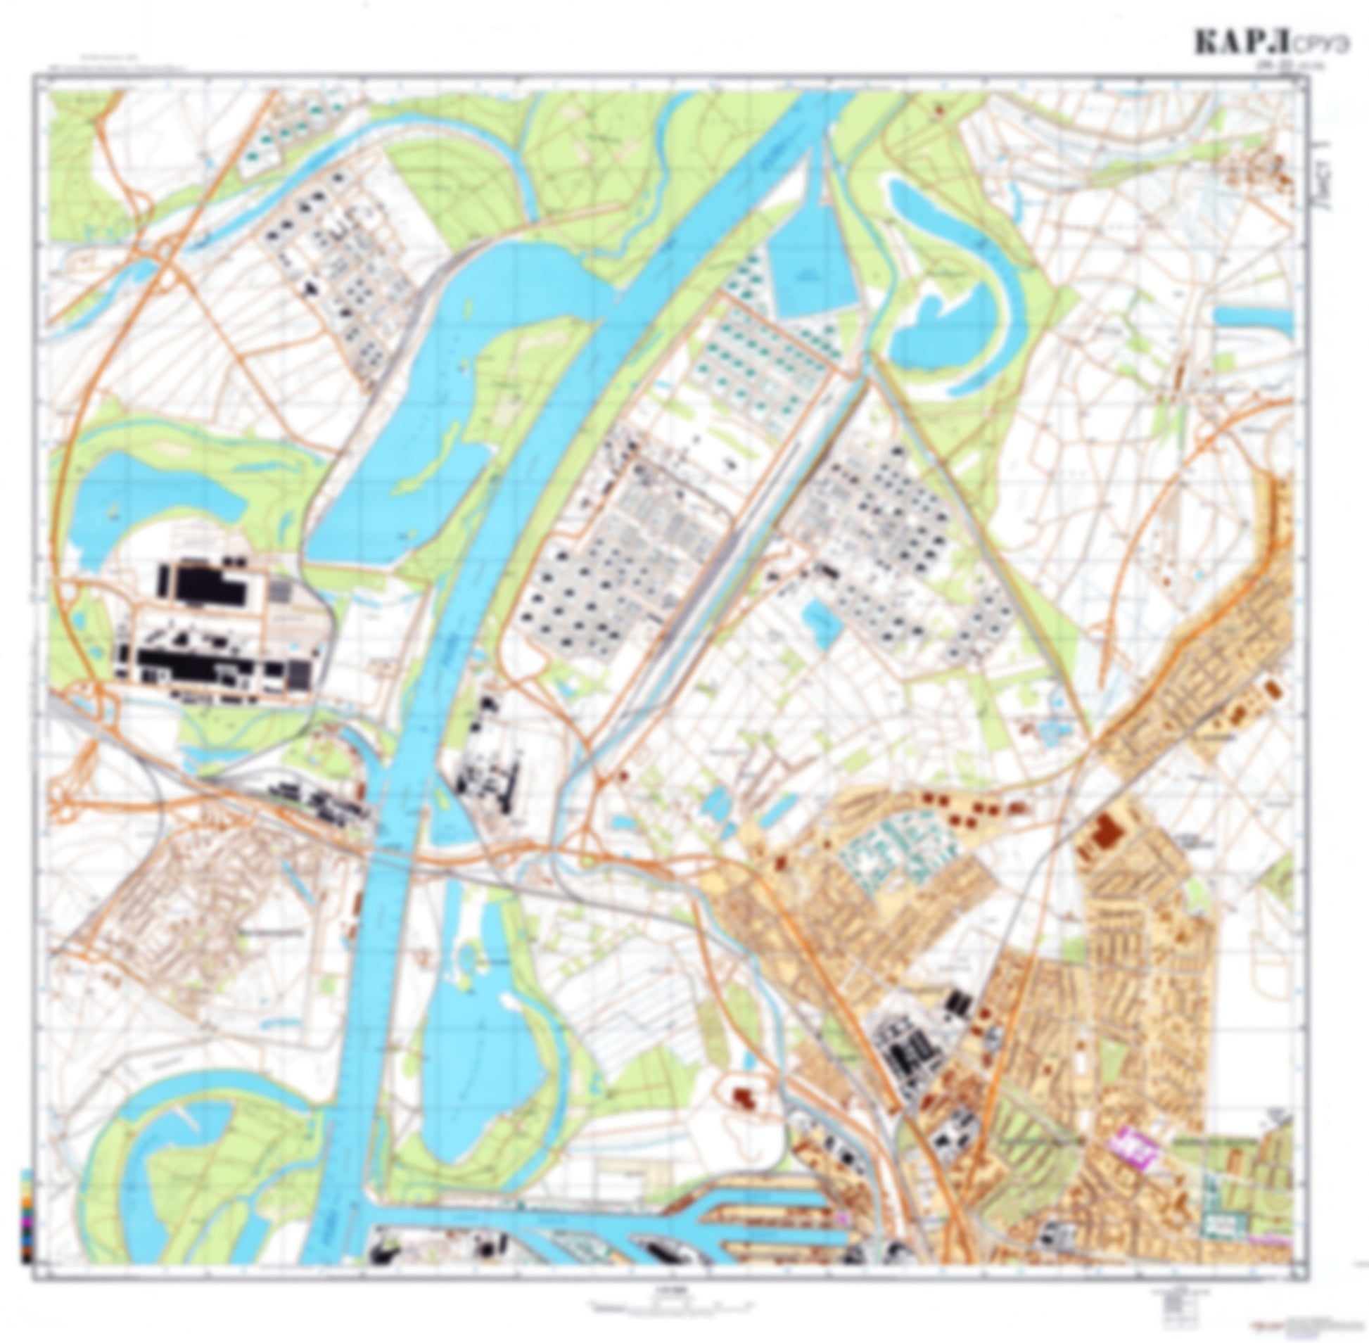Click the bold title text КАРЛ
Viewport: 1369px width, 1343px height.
[1242, 44]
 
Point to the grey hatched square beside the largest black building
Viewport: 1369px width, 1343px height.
[280, 590]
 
